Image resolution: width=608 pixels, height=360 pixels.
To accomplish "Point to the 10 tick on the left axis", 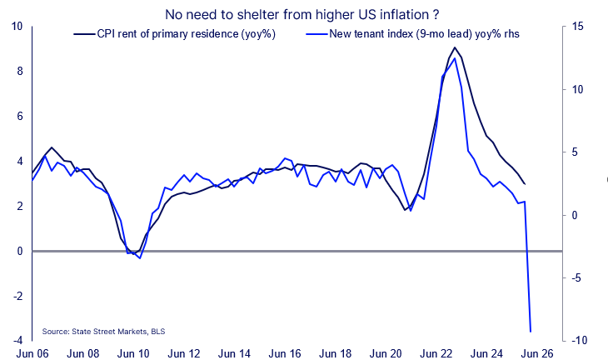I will coord(17,26).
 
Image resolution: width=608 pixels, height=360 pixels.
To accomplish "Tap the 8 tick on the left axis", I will coord(18,71).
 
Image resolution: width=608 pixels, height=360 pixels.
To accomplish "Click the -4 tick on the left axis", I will coord(17,341).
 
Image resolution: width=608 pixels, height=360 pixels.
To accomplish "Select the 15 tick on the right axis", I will coord(577,26).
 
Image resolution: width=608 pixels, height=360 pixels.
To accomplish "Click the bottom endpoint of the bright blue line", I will coord(531,332).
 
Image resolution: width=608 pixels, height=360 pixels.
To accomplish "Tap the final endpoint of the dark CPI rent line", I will coord(525,184).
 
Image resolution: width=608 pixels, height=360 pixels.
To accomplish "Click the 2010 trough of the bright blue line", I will coord(140,258).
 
